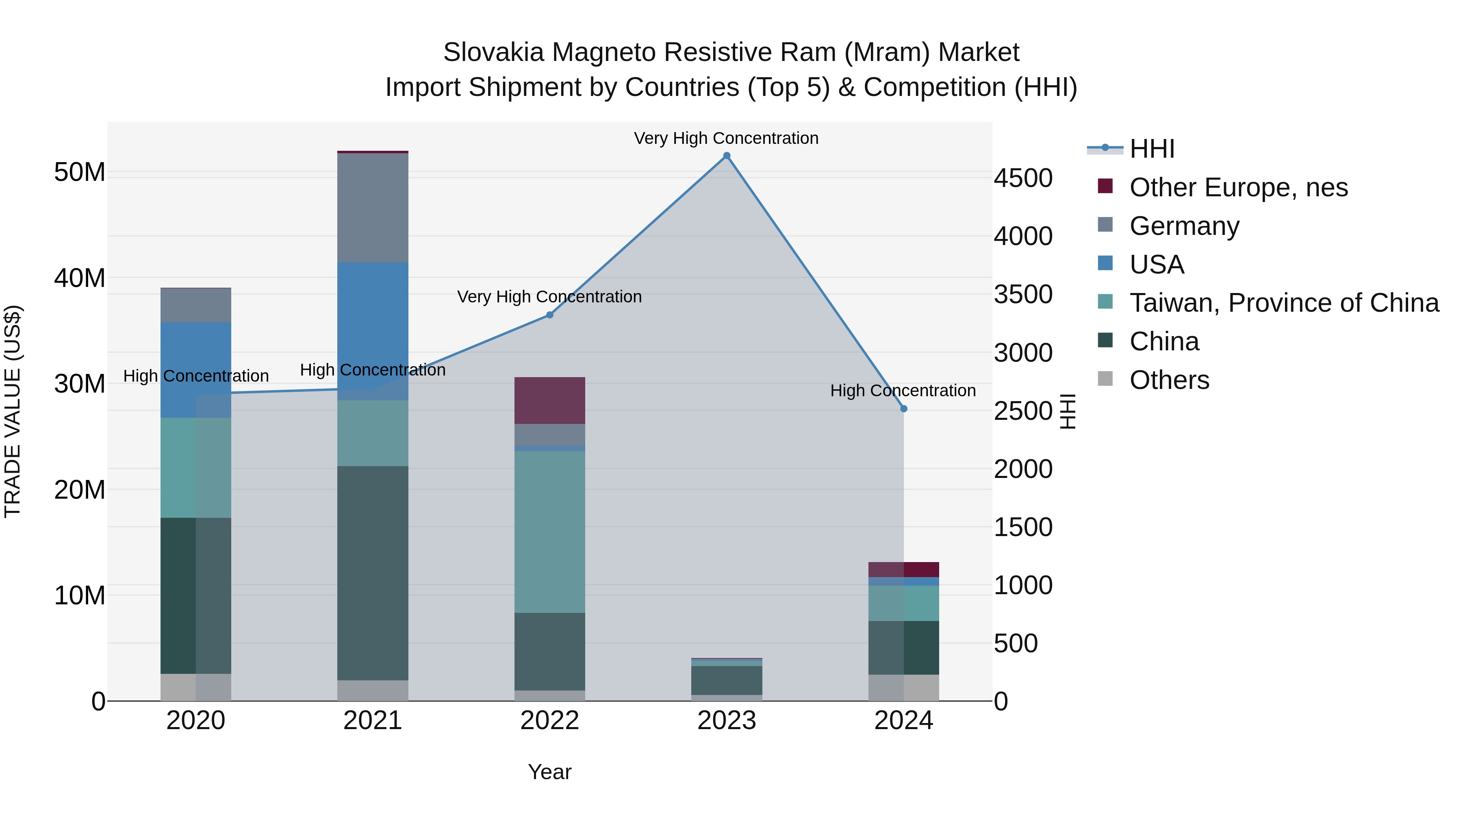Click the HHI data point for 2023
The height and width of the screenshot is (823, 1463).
click(x=726, y=156)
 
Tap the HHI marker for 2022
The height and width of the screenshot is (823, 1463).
click(x=549, y=315)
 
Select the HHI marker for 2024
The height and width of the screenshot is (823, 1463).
click(x=903, y=408)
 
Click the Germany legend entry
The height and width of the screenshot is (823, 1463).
click(x=1184, y=226)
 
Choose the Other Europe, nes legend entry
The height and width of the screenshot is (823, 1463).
click(x=1238, y=187)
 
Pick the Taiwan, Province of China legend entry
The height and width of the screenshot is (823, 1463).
click(x=1283, y=303)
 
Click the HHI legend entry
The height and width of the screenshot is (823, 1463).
click(x=1151, y=149)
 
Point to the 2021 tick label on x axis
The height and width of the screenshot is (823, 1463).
click(x=373, y=721)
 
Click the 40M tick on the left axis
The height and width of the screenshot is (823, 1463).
click(x=80, y=278)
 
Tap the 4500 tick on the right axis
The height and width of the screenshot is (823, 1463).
click(x=1023, y=178)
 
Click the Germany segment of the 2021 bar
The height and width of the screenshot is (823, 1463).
click(x=373, y=207)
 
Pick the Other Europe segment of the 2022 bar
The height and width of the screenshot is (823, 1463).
click(x=549, y=400)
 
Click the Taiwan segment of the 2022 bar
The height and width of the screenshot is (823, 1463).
click(x=549, y=532)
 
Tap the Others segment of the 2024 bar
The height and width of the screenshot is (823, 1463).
click(x=903, y=687)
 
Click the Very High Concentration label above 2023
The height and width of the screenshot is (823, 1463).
click(x=726, y=138)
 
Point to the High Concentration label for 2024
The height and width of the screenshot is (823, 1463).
click(x=903, y=391)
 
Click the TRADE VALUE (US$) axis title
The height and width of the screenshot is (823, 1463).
click(x=13, y=411)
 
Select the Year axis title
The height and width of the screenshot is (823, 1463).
click(x=549, y=772)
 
